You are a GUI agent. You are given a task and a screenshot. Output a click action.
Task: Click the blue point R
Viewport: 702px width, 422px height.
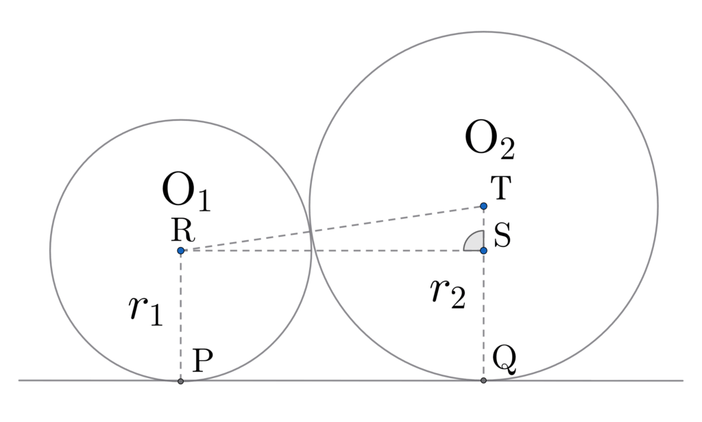(180, 251)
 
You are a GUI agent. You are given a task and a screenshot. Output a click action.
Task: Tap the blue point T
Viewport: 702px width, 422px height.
(483, 206)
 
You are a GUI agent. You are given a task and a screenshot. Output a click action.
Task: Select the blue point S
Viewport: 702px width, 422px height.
(483, 250)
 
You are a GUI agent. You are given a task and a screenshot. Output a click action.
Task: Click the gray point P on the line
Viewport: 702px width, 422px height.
(180, 381)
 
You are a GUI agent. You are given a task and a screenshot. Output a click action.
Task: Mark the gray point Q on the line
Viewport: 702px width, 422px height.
(483, 380)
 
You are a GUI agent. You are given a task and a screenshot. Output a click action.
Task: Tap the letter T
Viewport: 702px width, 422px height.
(501, 189)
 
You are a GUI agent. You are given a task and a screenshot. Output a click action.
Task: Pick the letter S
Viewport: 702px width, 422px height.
(502, 239)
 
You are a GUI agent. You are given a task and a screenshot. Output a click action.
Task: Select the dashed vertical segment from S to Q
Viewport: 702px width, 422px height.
(483, 323)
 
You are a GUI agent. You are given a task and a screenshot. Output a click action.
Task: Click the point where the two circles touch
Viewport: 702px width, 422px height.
(311, 232)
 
